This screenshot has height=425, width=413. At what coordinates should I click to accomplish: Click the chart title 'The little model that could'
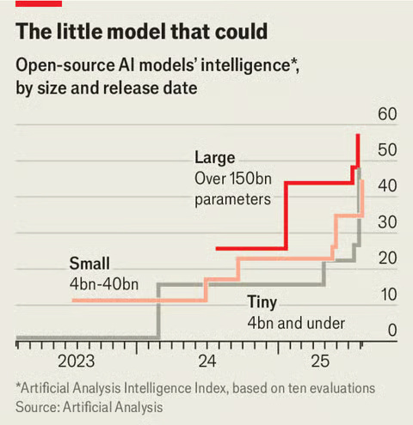tap(142, 33)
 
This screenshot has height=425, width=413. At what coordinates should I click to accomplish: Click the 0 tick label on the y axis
tap(391, 331)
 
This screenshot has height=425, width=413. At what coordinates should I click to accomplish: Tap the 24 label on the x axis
tap(207, 359)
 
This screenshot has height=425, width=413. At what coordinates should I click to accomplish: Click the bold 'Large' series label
tap(214, 158)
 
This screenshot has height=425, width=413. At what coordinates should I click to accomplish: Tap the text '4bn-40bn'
tap(105, 283)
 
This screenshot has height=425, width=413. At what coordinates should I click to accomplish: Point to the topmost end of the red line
tap(358, 136)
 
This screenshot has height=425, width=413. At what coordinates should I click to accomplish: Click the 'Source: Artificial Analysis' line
tap(89, 406)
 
